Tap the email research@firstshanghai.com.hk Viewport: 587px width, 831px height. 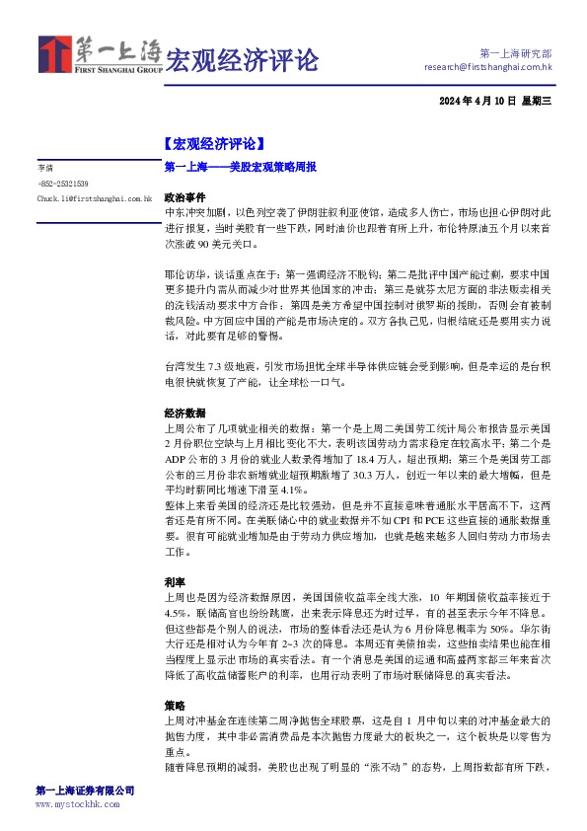(487, 67)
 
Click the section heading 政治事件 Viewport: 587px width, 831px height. (184, 197)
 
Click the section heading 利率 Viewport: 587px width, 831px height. (174, 582)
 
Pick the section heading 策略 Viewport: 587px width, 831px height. (174, 707)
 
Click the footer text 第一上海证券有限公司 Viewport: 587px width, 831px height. (85, 791)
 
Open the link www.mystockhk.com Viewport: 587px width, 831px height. (76, 804)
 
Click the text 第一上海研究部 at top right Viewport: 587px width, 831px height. (516, 52)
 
